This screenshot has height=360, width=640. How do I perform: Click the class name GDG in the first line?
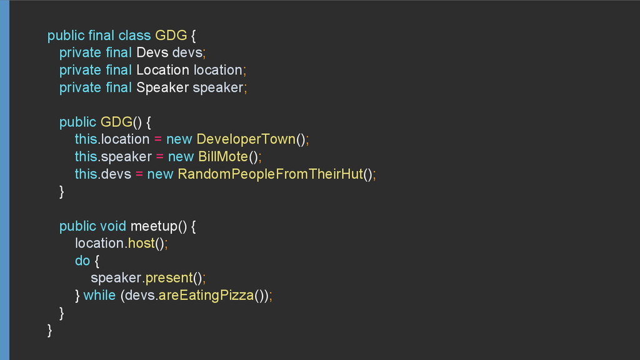[x=171, y=36]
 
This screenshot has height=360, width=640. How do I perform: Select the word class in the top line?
[x=134, y=36]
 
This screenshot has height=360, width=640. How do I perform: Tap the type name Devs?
[x=152, y=52]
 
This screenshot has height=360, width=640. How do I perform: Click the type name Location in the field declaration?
[x=162, y=70]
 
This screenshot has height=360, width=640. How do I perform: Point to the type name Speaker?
[x=162, y=87]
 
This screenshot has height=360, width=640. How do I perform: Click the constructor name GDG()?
[x=116, y=121]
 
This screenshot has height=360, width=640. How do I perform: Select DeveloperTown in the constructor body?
[x=246, y=139]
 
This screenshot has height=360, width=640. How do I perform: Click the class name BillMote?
[x=223, y=156]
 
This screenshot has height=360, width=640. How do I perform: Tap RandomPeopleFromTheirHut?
[x=270, y=174]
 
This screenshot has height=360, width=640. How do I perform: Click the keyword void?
[x=113, y=226]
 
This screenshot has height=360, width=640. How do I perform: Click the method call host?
[x=141, y=243]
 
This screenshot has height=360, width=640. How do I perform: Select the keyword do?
[x=82, y=261]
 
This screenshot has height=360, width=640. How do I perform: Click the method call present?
[x=169, y=277]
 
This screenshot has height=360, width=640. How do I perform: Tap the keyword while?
[x=99, y=295]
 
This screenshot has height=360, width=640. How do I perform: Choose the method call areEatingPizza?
[x=206, y=295]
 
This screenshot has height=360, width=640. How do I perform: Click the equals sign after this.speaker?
[x=160, y=156]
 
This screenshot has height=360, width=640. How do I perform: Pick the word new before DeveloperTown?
[x=179, y=139]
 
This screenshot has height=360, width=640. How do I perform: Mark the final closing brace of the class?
[x=50, y=330]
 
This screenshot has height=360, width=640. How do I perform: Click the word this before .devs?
[x=86, y=174]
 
